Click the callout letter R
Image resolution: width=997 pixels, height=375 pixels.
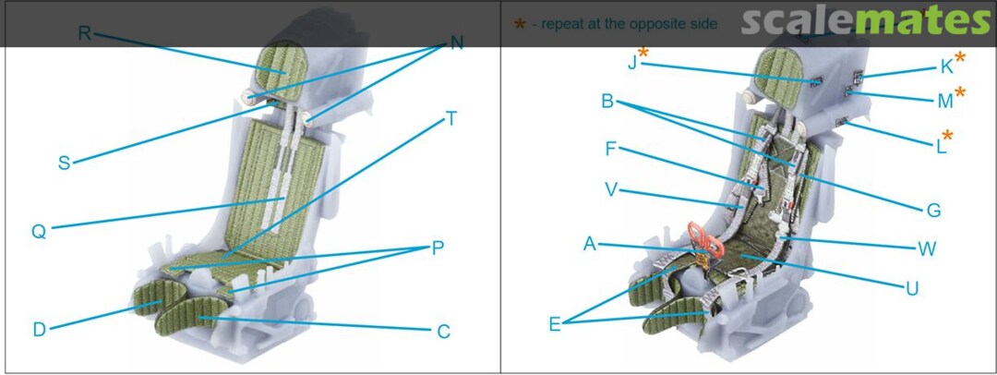click(85, 33)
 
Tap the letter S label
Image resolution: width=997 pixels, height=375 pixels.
click(65, 163)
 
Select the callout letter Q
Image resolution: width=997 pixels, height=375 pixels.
click(39, 232)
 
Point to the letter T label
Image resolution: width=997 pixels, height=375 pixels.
click(450, 118)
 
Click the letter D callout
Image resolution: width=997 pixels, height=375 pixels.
click(40, 330)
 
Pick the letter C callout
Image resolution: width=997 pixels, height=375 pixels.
click(443, 332)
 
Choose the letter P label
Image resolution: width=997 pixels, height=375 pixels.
click(438, 248)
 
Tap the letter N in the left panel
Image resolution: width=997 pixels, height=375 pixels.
click(457, 42)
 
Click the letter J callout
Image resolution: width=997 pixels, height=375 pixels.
click(632, 63)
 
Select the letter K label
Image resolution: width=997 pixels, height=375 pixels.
click(947, 67)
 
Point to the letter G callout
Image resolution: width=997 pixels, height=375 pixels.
click(933, 210)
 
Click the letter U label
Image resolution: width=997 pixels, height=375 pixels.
click(912, 289)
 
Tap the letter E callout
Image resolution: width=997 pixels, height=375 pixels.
click(555, 325)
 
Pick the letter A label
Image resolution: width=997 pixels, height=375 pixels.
click(590, 243)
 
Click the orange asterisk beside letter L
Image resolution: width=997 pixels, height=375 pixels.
click(947, 135)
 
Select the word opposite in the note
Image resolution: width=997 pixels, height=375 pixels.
click(651, 24)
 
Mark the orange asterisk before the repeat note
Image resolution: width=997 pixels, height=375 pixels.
click(520, 24)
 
